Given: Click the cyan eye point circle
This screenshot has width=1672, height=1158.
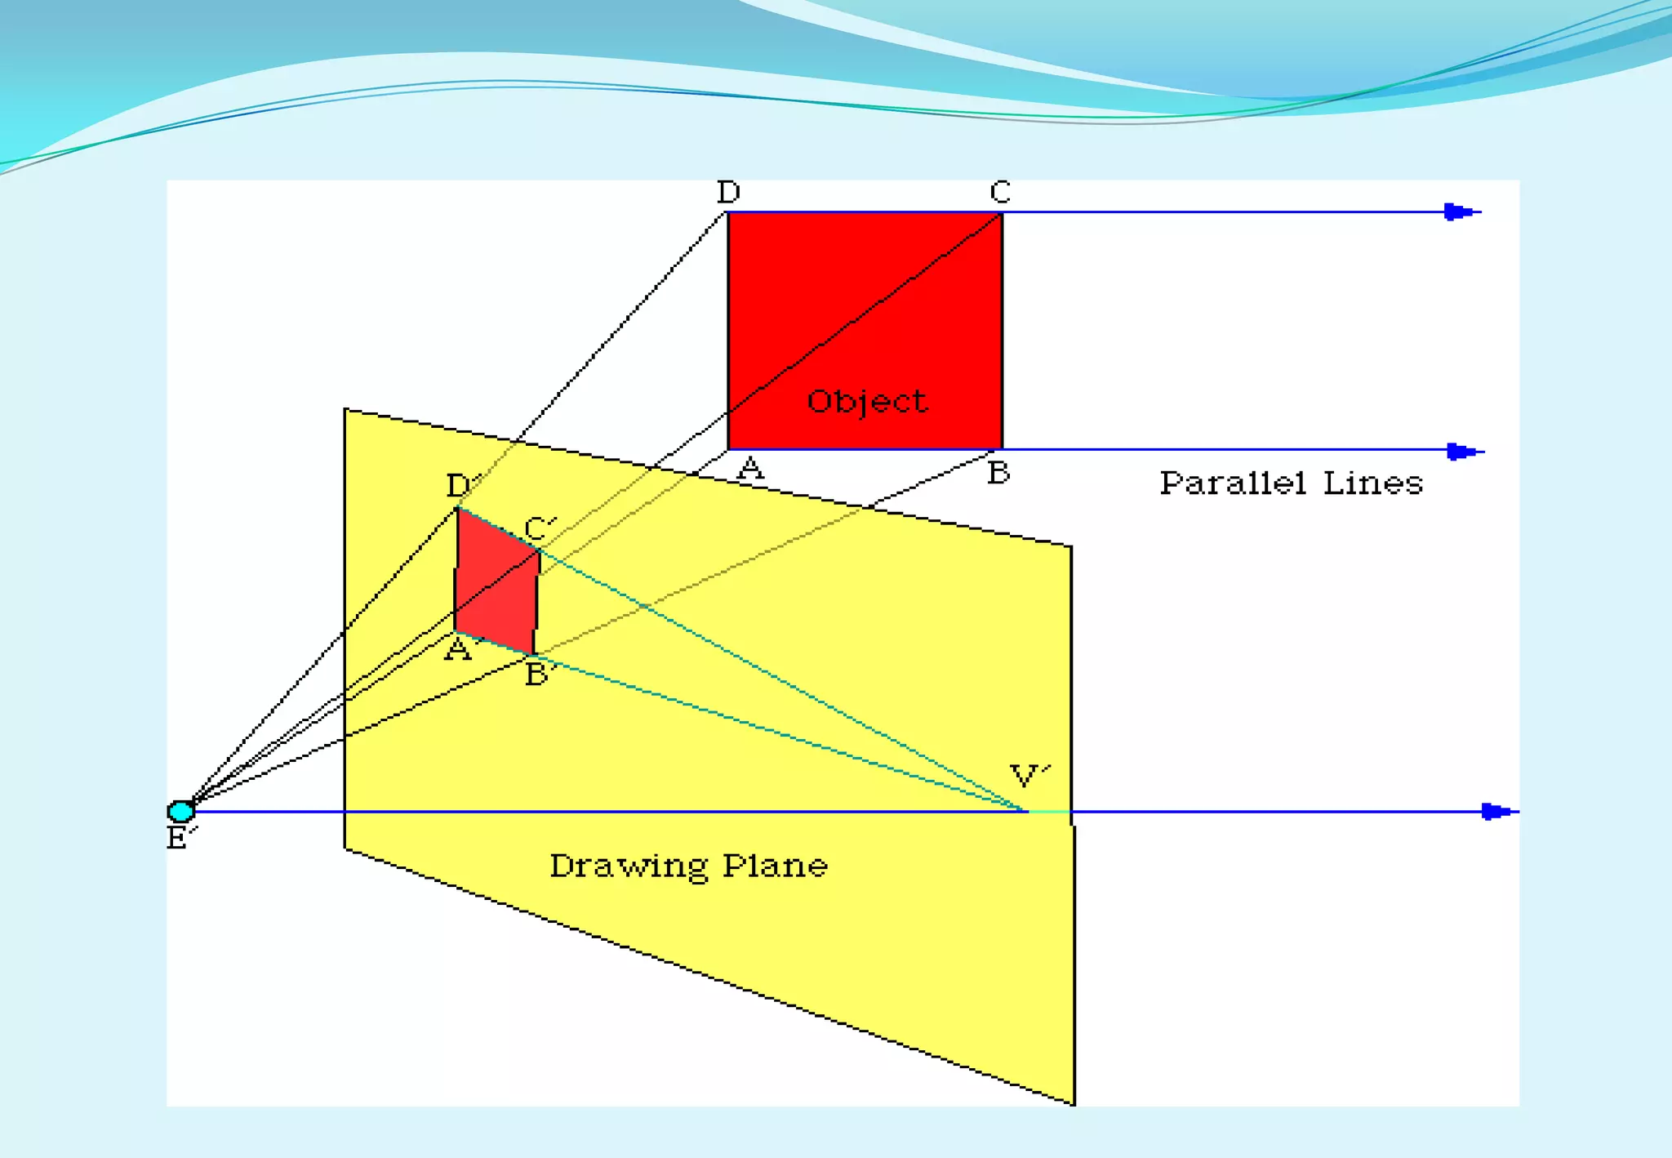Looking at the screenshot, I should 180,811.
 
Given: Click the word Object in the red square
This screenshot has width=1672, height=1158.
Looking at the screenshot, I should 866,402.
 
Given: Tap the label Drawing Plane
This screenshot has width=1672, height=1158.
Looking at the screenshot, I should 688,866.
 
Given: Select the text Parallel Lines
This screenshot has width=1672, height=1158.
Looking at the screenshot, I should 1291,483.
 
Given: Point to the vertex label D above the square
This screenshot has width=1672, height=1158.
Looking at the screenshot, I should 728,193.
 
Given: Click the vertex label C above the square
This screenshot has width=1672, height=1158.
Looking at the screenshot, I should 1000,193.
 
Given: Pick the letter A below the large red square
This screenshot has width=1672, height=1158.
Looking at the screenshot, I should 750,470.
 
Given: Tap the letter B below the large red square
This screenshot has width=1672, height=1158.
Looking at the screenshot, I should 998,473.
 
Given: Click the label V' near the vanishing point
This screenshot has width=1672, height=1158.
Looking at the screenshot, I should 1029,775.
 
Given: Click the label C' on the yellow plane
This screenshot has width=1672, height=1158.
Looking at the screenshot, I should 540,528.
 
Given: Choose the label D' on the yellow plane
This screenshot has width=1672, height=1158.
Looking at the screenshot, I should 460,485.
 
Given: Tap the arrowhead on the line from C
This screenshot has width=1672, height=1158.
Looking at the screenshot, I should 1457,212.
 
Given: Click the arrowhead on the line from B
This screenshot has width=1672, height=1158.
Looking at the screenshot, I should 1460,451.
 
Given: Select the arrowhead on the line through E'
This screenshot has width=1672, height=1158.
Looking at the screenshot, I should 1495,811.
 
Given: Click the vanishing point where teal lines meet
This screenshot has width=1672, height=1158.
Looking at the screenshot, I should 1026,811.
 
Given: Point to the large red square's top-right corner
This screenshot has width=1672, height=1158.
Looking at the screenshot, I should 1002,213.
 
